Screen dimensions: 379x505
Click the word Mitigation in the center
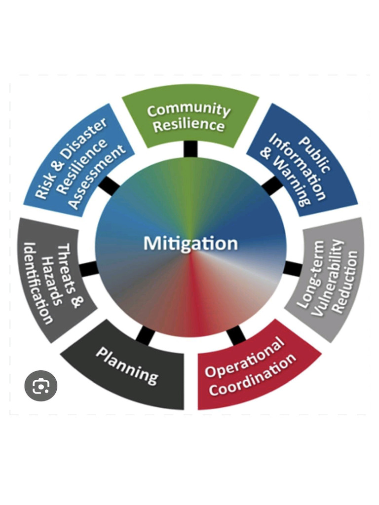pos(190,244)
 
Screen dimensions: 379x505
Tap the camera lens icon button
pos(40,386)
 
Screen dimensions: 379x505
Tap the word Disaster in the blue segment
pos(84,138)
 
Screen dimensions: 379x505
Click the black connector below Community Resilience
pos(190,149)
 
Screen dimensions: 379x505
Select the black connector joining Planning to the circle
pos(145,334)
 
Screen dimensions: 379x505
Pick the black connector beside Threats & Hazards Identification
pos(88,269)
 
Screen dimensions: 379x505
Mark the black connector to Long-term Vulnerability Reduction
pos(293,269)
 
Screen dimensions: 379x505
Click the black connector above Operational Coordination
pos(236,334)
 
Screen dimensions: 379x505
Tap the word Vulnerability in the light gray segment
pos(327,277)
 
